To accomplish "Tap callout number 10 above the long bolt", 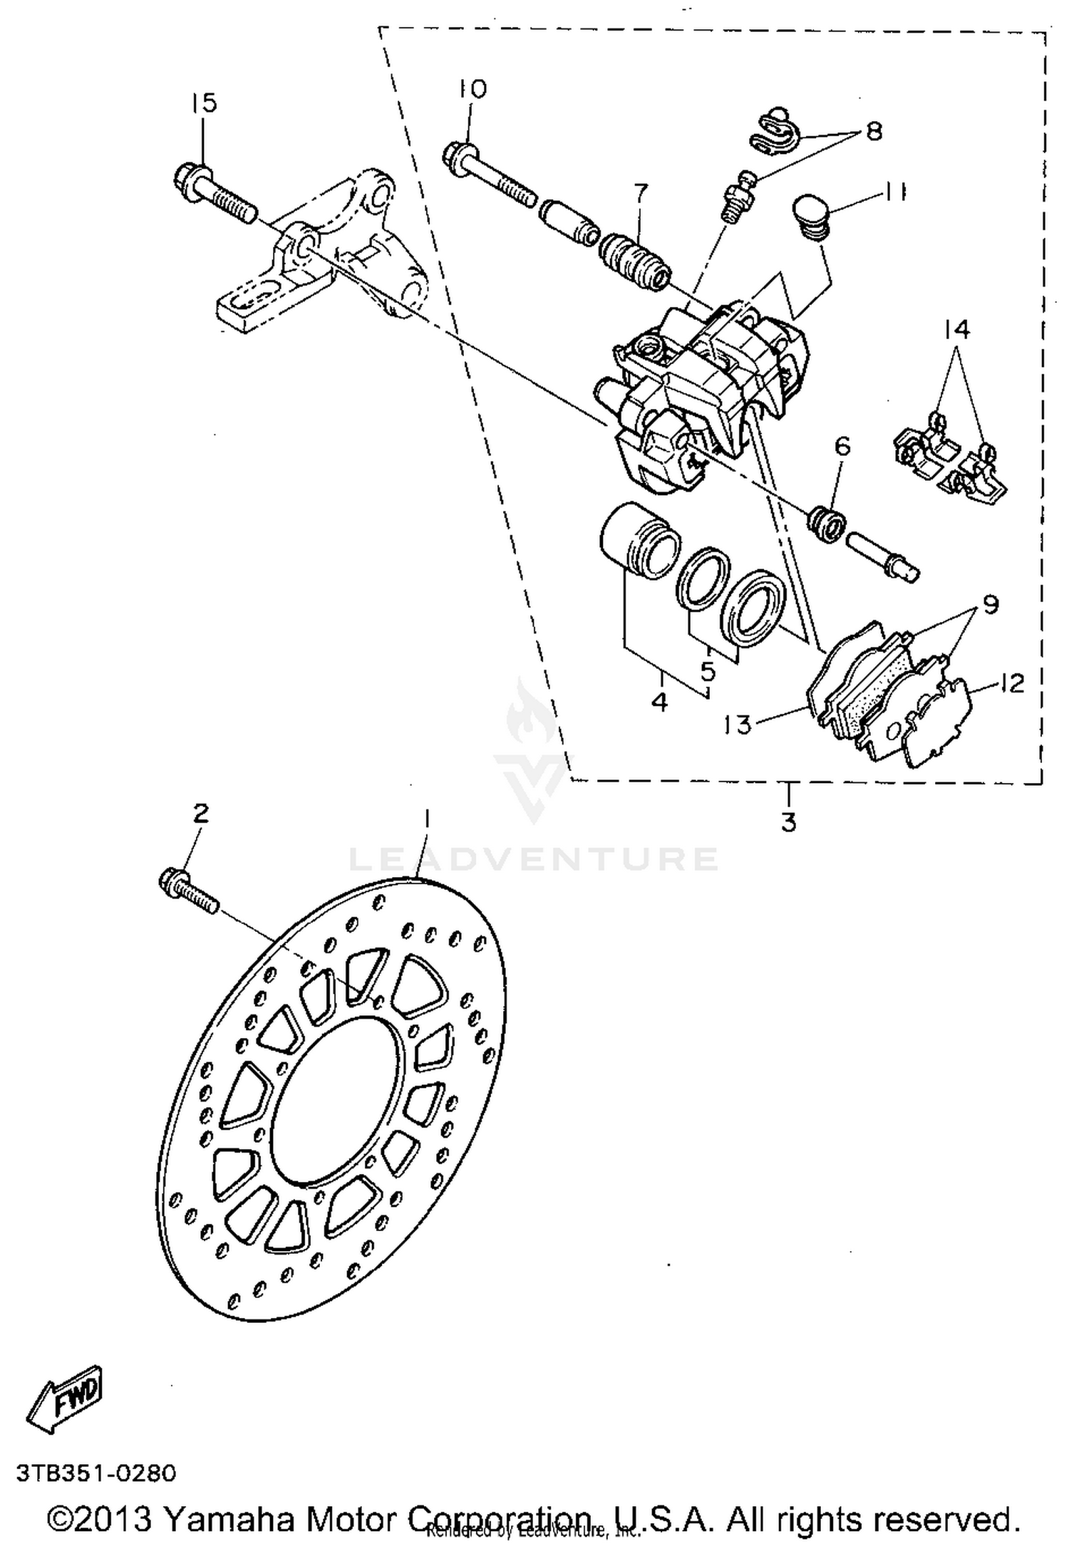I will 471,89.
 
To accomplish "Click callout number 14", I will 957,329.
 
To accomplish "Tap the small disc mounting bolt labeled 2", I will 187,888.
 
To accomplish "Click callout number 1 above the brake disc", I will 427,819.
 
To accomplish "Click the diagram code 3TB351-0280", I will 94,1472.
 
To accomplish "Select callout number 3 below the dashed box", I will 787,822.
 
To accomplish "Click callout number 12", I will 1011,684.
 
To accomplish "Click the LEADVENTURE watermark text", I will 533,859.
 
